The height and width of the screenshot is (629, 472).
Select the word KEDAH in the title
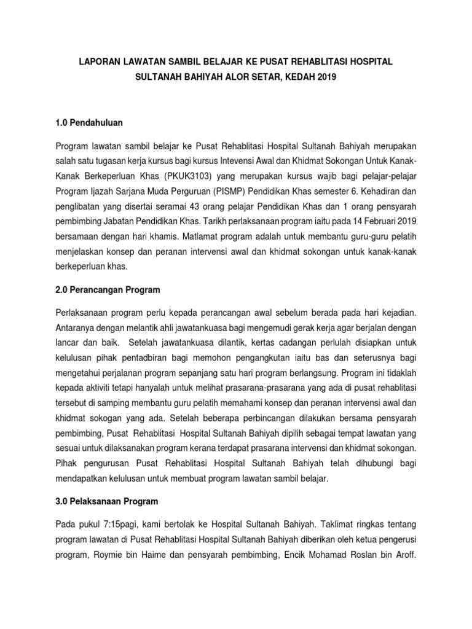(x=294, y=79)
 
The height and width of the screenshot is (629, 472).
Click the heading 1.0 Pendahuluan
(x=89, y=123)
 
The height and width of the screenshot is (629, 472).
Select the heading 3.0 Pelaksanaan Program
(x=107, y=501)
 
